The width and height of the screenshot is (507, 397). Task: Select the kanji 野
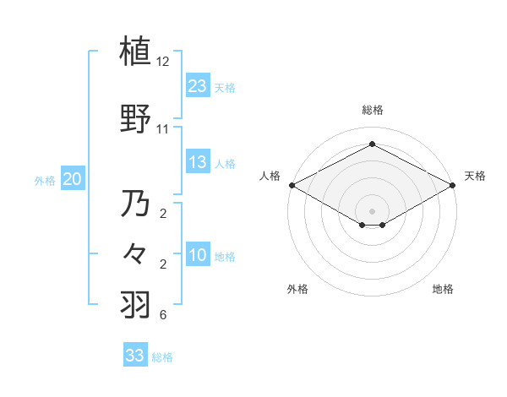[135, 119]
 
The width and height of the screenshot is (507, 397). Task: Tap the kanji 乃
[135, 204]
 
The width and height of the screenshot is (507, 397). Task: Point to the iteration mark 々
[135, 254]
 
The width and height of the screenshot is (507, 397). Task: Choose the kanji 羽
[135, 303]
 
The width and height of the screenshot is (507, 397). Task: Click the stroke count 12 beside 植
[163, 62]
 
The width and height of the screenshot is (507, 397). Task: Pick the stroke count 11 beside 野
[163, 129]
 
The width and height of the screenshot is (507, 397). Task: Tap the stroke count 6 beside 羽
[163, 316]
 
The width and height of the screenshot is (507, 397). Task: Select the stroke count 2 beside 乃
[163, 214]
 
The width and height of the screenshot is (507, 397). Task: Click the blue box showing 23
[198, 85]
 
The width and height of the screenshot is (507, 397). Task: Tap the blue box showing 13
[198, 162]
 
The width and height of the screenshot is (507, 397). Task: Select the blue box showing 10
[198, 255]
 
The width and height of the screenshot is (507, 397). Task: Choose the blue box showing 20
[73, 178]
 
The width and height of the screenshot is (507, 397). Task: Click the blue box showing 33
[135, 356]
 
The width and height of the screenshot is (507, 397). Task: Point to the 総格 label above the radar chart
[372, 110]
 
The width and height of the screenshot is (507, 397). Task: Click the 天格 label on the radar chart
[475, 176]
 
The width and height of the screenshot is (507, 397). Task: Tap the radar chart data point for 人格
[292, 185]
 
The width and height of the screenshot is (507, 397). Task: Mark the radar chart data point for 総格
[372, 144]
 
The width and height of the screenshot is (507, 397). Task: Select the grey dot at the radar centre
[372, 209]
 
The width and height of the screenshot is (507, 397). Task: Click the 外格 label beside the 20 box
[44, 180]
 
